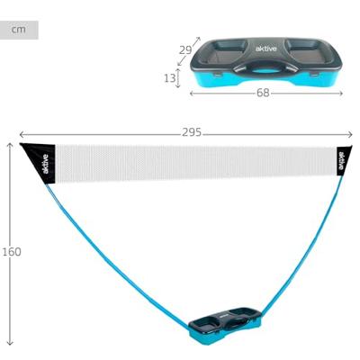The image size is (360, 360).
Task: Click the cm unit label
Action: [19, 30]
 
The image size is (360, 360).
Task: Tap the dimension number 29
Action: [185, 50]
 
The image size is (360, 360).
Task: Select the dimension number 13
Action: [169, 78]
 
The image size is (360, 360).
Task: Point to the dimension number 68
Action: [263, 93]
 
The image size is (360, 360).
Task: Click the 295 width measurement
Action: [192, 132]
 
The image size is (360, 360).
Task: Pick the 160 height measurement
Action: [12, 252]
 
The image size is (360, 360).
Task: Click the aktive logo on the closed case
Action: [265, 49]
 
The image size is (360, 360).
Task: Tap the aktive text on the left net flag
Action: [45, 164]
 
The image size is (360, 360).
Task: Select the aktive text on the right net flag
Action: [341, 160]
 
